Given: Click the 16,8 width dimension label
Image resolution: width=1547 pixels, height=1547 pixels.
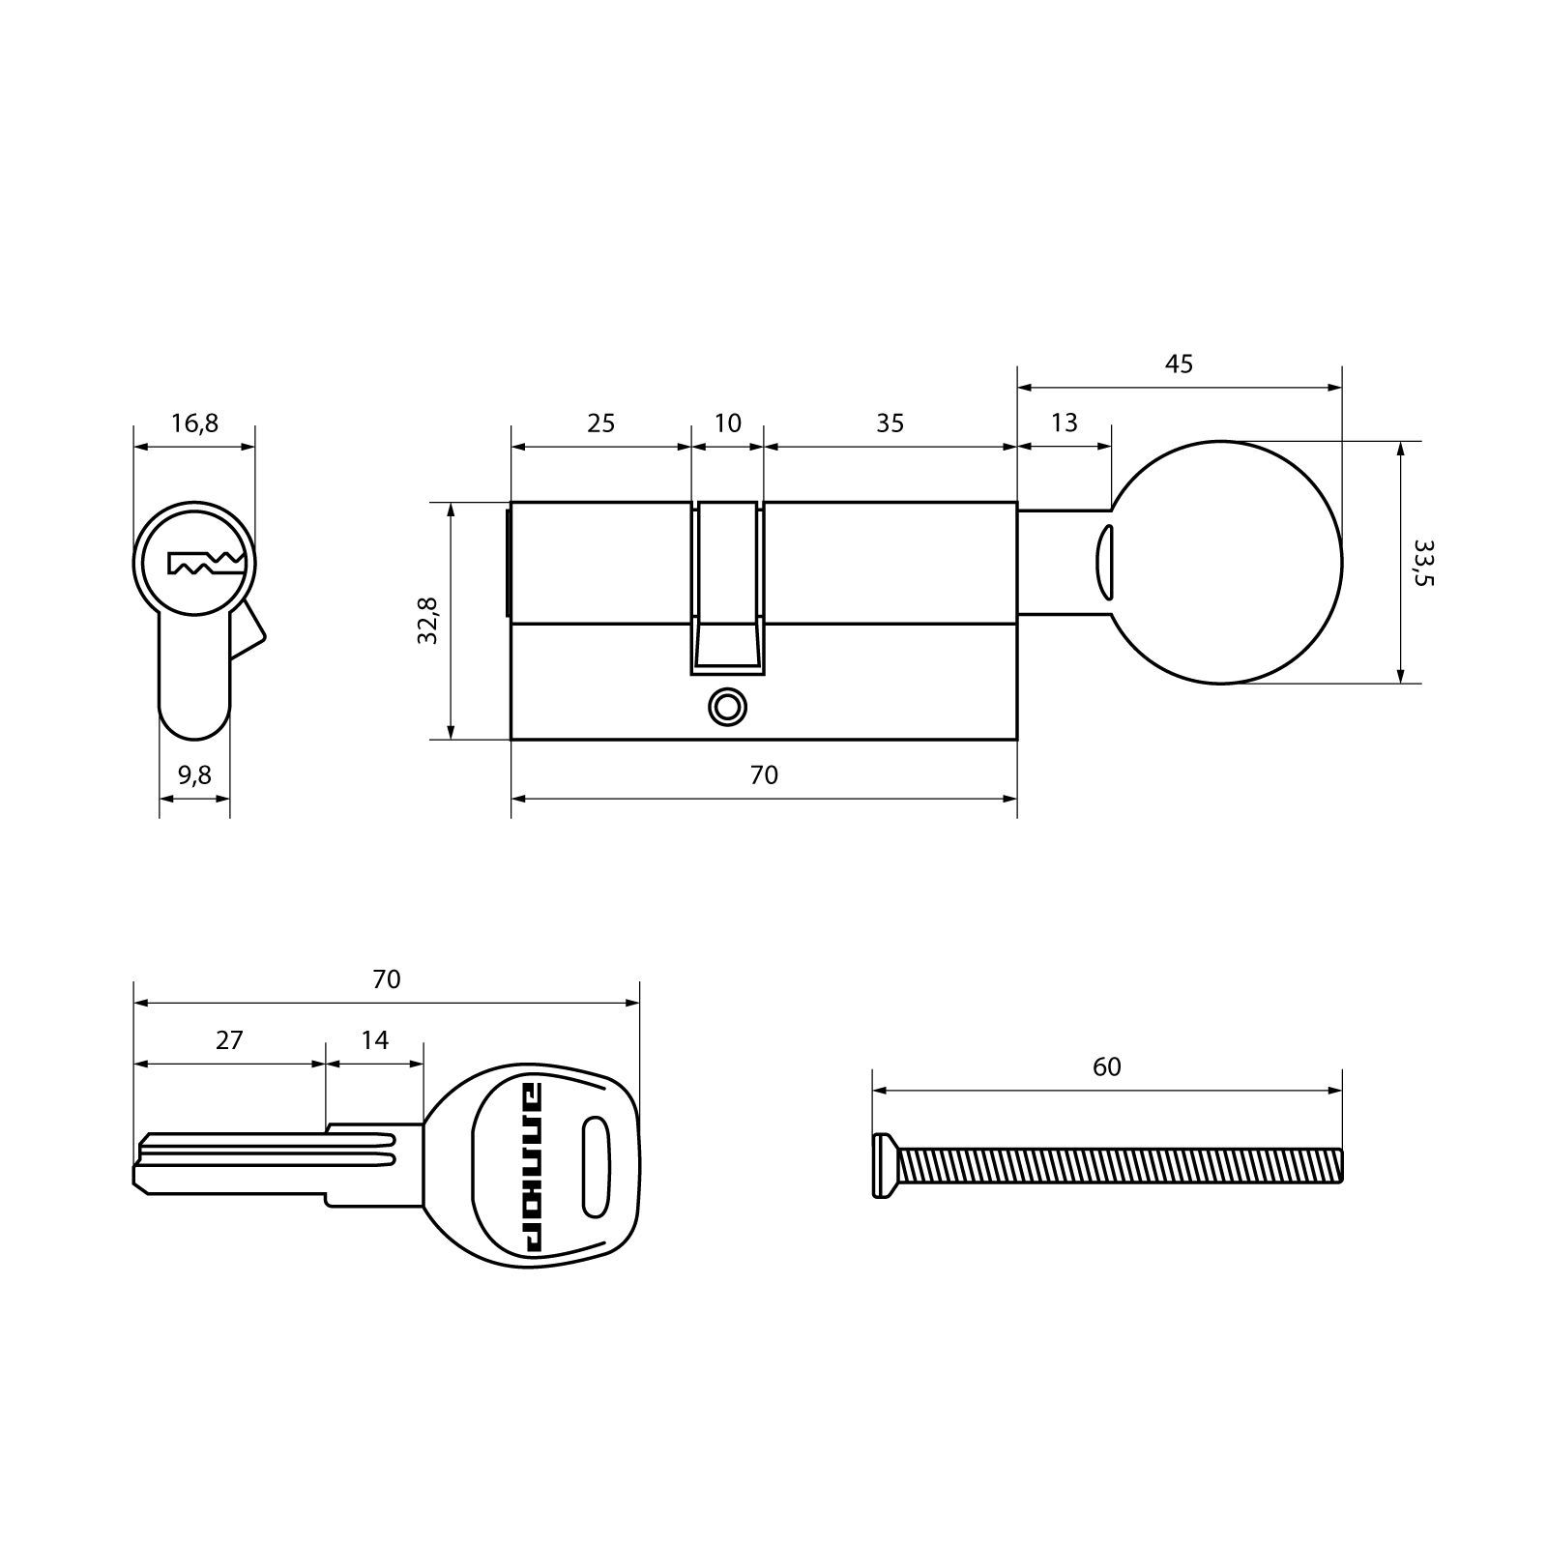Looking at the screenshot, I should [x=194, y=423].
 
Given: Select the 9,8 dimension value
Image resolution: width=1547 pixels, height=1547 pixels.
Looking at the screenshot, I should [x=194, y=775].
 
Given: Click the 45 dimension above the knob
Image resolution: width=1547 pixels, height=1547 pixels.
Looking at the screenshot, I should [x=1179, y=365].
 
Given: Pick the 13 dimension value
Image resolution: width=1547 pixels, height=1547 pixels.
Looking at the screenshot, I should [x=1064, y=423].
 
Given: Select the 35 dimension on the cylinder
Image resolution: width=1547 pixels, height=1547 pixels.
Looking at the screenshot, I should [x=890, y=423].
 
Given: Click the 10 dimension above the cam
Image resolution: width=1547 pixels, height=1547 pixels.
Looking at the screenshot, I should [x=727, y=423].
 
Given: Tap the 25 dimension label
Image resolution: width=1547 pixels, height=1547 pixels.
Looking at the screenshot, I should [x=600, y=423].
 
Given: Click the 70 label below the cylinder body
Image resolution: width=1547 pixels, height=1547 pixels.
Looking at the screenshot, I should [x=764, y=775].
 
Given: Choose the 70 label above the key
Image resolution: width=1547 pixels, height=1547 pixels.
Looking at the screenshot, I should [x=386, y=979].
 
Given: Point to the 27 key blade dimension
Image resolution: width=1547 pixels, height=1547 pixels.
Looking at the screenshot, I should [x=229, y=1040].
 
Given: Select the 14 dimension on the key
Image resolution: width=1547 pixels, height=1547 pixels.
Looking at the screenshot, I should [x=374, y=1040].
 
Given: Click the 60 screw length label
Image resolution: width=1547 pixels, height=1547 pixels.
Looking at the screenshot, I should [x=1106, y=1067].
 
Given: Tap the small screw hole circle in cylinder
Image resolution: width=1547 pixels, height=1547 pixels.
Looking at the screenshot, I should [x=727, y=706].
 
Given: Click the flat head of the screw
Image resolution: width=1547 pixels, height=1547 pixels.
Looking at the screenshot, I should [x=881, y=1165].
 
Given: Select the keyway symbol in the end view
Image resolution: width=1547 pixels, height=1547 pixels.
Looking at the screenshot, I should [x=204, y=564].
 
